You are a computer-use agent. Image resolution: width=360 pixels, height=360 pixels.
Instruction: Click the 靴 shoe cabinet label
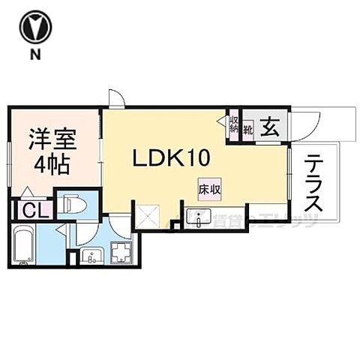247,128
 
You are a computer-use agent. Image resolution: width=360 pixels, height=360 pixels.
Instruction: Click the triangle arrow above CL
27,192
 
